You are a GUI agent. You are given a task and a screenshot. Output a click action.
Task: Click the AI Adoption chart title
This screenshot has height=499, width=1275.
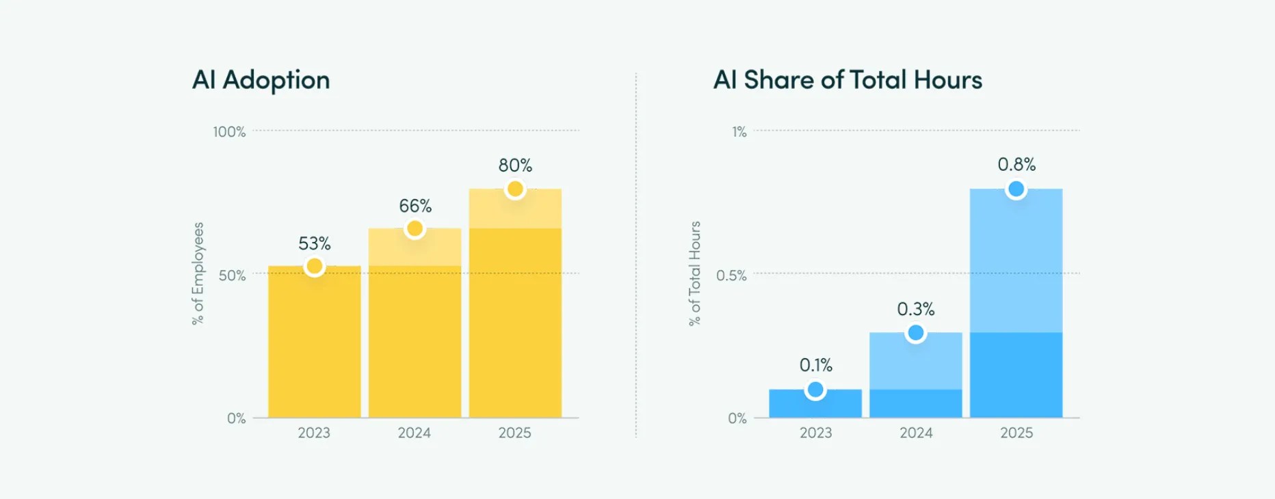coord(261,81)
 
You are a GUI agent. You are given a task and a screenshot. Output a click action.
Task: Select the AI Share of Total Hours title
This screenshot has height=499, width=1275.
coord(847,80)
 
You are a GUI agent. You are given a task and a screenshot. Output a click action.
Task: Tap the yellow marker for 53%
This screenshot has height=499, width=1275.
coord(315,266)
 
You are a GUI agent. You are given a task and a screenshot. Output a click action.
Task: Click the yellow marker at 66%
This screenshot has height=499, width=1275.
coord(415,228)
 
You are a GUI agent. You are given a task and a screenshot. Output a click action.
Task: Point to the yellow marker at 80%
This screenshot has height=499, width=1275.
coord(515,189)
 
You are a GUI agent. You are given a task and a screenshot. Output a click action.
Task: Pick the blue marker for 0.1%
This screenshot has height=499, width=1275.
coord(815,390)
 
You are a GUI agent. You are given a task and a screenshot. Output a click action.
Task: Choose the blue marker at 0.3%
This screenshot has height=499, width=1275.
coord(916,333)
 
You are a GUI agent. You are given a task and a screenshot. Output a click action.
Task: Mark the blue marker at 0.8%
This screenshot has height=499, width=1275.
coord(1016,189)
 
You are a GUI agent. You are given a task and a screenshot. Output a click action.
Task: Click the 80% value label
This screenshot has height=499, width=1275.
coord(515,165)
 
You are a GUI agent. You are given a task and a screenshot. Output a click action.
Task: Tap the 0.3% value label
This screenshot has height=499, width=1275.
coord(916,309)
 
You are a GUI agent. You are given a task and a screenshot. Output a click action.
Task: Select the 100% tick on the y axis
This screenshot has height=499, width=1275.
coord(229,132)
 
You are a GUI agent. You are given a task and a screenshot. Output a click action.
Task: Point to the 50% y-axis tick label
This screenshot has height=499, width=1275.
coord(232,275)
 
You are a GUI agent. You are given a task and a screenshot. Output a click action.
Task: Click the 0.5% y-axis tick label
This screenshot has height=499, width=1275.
coord(731,275)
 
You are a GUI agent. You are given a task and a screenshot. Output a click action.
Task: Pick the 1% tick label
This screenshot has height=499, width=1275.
coord(739,132)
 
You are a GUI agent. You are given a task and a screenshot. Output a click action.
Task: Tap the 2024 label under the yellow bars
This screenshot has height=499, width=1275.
coord(415,433)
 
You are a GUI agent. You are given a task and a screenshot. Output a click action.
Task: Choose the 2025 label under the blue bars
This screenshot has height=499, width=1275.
coord(1016,433)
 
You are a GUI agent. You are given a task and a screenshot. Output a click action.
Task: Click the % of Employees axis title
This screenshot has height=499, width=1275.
coord(198,273)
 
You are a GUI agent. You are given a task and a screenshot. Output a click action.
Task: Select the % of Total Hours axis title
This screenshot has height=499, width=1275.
coord(695,273)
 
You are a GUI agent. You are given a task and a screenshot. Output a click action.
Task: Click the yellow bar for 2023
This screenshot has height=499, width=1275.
coord(315,342)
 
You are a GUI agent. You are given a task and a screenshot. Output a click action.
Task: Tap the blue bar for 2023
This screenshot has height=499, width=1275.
coord(815,404)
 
